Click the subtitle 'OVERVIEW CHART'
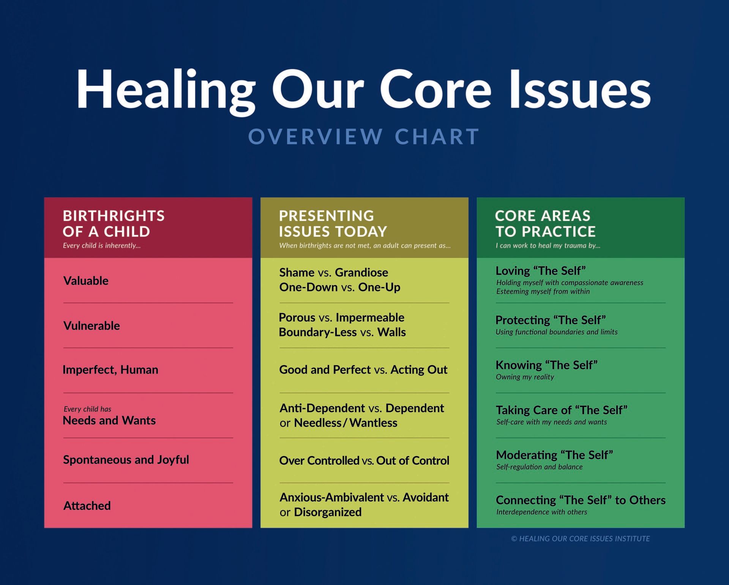coord(364,137)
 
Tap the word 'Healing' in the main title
coord(166,91)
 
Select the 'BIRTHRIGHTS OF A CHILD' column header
coord(114,224)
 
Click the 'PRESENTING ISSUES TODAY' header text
coord(333,224)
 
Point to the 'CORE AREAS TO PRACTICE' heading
coord(545,224)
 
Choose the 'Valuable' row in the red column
coord(86,281)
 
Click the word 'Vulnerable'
coord(92,326)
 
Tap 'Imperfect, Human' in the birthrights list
coord(110,370)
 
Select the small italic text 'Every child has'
coord(87,409)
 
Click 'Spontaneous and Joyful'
coord(126,460)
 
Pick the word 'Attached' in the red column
coord(87,506)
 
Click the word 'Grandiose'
coord(361,273)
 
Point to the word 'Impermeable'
coord(370,318)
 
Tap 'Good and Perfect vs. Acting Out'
coord(363,370)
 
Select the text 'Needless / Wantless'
coord(346,423)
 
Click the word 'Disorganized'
coord(328,512)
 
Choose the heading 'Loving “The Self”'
coord(541,271)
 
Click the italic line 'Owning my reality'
coord(525,377)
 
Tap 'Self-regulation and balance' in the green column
coord(539,467)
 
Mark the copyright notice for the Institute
coord(581,539)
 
